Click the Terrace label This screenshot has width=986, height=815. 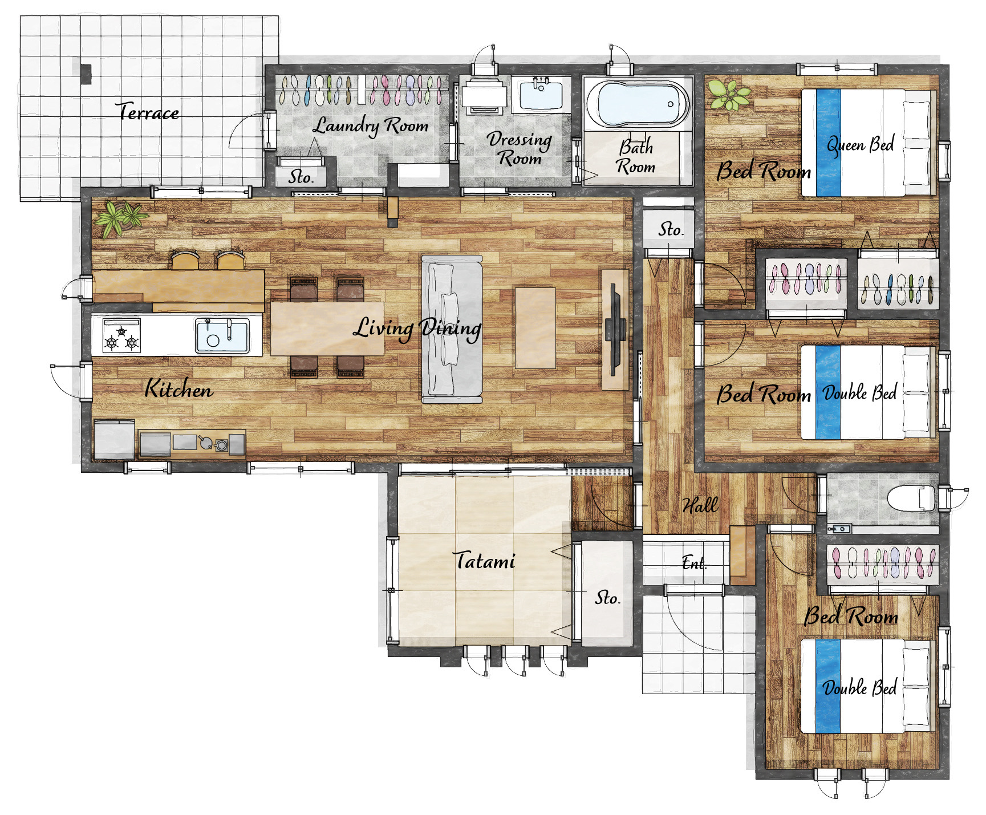[x=147, y=111]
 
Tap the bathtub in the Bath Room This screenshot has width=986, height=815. [x=638, y=104]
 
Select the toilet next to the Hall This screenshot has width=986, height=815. [x=911, y=498]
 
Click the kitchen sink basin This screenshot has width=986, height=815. [x=222, y=336]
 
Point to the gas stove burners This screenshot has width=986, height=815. [x=121, y=336]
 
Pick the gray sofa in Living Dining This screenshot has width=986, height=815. [x=452, y=330]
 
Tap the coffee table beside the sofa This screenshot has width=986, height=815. [x=535, y=328]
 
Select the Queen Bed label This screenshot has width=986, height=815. [x=861, y=145]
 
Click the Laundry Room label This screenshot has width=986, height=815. [x=371, y=126]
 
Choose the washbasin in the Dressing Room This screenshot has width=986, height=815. [x=541, y=94]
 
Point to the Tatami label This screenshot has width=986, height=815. [x=484, y=561]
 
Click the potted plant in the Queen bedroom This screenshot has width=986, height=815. [x=728, y=94]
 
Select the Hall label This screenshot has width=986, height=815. [x=700, y=505]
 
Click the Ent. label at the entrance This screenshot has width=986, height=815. [x=694, y=563]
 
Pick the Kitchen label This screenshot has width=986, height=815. [x=178, y=388]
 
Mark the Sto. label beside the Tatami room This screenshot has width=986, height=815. [x=607, y=598]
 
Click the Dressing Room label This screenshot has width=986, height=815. [x=519, y=148]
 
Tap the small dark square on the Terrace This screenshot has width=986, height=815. [x=86, y=74]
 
